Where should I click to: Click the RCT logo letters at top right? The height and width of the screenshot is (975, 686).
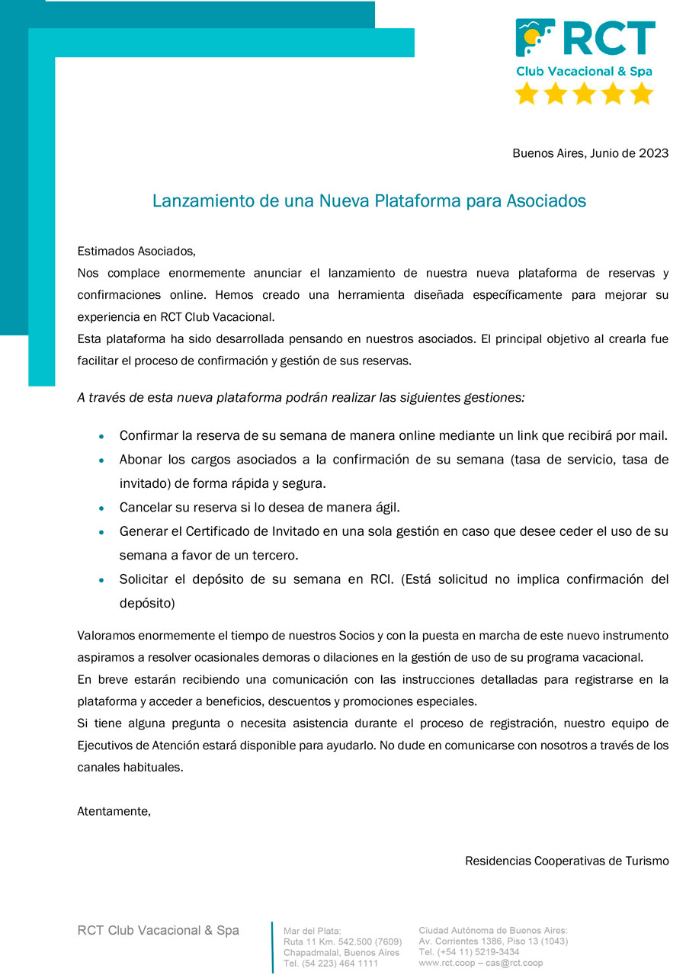(x=609, y=38)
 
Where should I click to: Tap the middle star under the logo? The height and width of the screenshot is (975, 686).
(x=585, y=94)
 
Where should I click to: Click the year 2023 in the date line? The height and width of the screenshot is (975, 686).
(x=654, y=153)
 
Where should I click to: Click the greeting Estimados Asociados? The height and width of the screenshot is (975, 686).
(x=136, y=251)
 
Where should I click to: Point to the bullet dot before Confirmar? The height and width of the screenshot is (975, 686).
(x=101, y=438)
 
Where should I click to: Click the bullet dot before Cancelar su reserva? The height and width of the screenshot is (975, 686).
(x=101, y=508)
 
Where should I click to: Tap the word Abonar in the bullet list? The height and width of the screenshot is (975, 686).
(x=139, y=460)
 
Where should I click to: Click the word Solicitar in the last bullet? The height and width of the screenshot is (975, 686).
(x=144, y=579)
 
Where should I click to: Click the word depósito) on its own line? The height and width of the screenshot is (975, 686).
(x=147, y=603)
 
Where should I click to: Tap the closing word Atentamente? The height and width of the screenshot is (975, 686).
(x=114, y=811)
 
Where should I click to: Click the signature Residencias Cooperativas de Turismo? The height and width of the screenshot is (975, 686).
(x=566, y=861)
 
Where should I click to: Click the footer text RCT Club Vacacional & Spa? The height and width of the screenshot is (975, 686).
(x=158, y=930)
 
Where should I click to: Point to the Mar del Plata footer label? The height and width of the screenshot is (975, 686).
(x=313, y=931)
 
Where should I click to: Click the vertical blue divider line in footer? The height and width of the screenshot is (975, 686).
(x=272, y=947)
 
